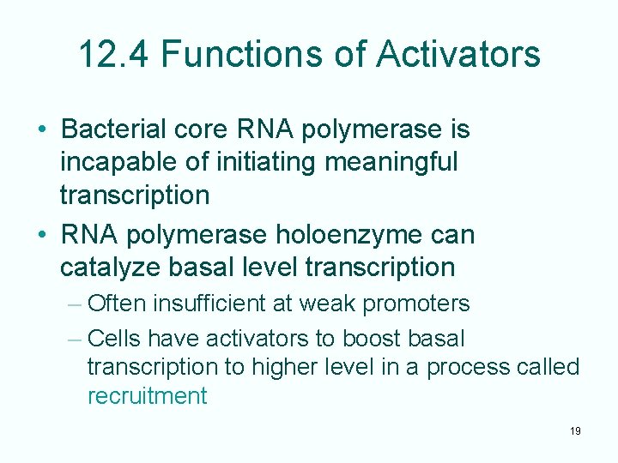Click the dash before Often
pos(74,304)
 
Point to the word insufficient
pos(207,304)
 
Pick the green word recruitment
pos(147,396)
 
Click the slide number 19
pos(574,431)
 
